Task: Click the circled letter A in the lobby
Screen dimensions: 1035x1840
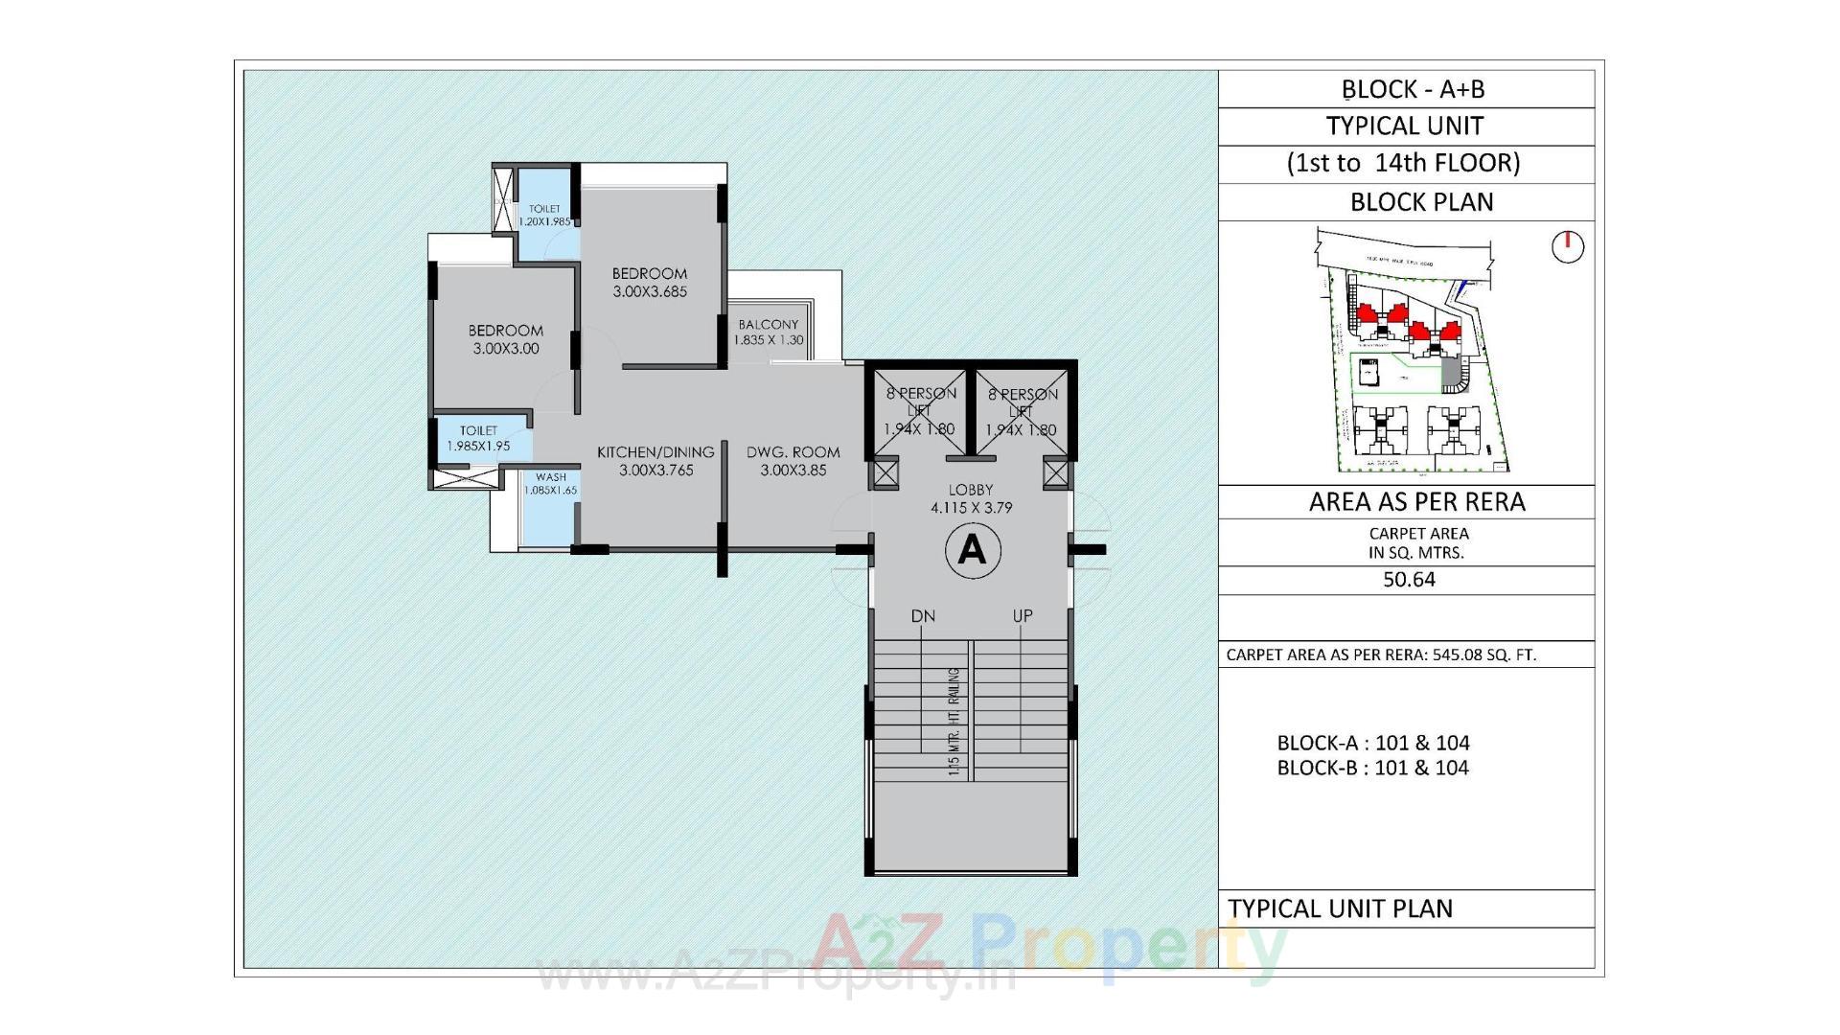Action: [973, 550]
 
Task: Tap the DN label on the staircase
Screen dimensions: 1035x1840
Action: [923, 616]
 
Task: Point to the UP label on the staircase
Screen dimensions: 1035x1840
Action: [1023, 616]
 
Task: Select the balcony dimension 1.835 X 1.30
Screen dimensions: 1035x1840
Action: [769, 340]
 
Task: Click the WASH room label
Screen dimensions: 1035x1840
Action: [551, 477]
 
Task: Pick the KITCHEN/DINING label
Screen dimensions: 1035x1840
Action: [655, 452]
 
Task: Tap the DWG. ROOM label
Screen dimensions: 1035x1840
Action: [793, 452]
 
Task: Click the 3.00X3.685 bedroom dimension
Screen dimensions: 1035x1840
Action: [650, 291]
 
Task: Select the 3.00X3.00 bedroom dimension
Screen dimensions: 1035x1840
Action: [506, 349]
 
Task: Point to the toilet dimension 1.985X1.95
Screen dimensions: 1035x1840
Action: [478, 447]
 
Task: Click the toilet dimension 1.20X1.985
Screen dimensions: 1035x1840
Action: [544, 221]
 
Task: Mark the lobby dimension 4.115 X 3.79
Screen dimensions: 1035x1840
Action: [971, 508]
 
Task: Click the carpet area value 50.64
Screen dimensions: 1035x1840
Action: [1409, 580]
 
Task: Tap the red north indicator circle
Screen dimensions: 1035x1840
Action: [1568, 247]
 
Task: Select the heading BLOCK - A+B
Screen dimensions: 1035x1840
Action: [1413, 89]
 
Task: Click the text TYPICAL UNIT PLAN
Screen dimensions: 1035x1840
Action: [1340, 908]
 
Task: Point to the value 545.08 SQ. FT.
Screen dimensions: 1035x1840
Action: [1483, 655]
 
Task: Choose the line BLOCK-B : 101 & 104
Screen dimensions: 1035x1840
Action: [1372, 768]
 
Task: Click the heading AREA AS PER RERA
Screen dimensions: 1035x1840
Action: [1416, 502]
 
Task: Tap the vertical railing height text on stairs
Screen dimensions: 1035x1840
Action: [954, 722]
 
